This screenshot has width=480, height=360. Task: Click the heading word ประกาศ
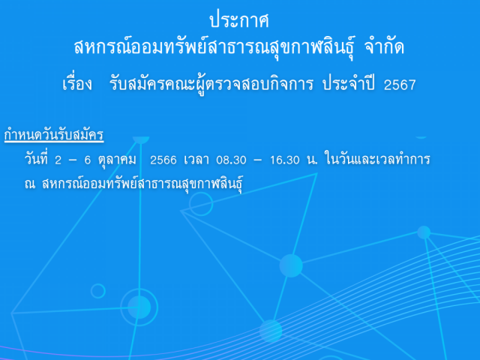click(239, 20)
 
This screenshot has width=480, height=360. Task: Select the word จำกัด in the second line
click(385, 46)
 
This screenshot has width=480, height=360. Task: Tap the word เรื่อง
click(76, 83)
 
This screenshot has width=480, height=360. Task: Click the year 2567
click(400, 85)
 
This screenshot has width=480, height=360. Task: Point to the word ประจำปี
click(348, 82)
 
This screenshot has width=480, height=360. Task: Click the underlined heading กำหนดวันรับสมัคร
click(54, 134)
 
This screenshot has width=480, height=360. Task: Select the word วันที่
click(36, 158)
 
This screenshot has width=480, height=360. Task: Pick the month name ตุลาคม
click(117, 160)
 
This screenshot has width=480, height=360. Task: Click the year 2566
click(163, 160)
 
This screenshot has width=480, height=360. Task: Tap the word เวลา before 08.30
click(196, 160)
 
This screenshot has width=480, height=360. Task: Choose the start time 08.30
click(231, 160)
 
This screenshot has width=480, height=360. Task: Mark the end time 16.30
click(285, 160)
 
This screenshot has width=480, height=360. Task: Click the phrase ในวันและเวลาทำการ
click(377, 159)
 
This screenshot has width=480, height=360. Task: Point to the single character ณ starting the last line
click(30, 184)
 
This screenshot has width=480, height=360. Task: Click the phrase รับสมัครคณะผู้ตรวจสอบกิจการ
click(211, 83)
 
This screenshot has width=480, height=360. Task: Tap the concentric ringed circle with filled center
click(139, 307)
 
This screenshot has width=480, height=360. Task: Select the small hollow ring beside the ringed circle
click(98, 291)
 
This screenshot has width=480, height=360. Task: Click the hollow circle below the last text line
click(201, 204)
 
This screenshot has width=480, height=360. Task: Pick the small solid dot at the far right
click(424, 232)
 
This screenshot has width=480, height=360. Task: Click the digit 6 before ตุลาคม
click(88, 160)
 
